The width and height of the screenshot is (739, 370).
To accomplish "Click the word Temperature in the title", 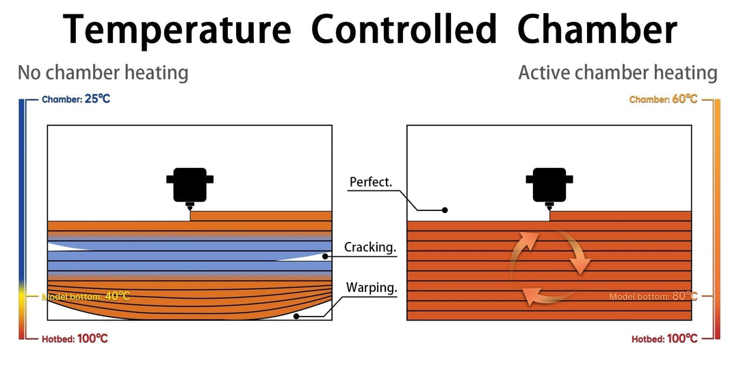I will click(x=177, y=31).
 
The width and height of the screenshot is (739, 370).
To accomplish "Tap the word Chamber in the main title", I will click(x=597, y=31).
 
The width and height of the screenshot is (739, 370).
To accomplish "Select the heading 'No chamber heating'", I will click(x=103, y=73).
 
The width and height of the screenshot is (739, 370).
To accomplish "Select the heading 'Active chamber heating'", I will click(x=618, y=73).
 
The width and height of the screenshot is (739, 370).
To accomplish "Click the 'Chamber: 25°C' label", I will click(x=75, y=99).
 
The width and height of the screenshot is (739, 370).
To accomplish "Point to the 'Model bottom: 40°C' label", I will click(x=86, y=297).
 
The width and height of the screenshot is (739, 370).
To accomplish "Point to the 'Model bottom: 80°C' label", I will click(x=653, y=297).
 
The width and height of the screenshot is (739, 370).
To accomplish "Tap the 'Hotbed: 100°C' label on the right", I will click(x=664, y=338).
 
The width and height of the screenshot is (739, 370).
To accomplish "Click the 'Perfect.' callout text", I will click(x=370, y=182).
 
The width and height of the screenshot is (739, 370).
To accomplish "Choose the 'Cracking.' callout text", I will click(x=370, y=247).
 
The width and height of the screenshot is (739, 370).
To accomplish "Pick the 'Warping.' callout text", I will click(x=372, y=288).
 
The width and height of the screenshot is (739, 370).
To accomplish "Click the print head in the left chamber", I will click(x=190, y=185).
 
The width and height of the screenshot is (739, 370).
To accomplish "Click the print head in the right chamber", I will click(x=549, y=185).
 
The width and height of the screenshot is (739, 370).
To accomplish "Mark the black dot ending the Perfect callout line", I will click(x=445, y=210).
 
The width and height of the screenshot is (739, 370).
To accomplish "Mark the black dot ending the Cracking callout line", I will click(x=325, y=256).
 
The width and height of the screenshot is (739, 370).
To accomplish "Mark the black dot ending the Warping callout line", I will click(x=296, y=316).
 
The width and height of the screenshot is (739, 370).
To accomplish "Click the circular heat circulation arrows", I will click(x=549, y=266).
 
